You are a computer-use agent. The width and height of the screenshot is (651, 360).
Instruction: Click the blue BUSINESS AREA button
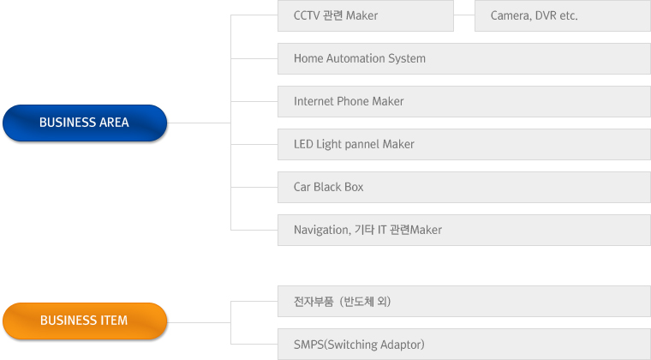[84, 123]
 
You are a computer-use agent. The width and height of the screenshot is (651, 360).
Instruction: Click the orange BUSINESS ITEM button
[84, 321]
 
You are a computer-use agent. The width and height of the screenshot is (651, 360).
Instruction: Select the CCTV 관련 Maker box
[366, 15]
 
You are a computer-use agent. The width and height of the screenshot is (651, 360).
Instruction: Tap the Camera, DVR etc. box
[562, 15]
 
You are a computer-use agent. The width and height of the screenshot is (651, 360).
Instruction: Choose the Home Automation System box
[463, 58]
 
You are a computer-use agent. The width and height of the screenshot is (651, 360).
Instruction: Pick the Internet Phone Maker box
[463, 101]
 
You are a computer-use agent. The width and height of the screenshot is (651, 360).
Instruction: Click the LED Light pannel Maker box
[463, 144]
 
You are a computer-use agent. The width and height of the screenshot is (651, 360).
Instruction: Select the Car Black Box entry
[463, 187]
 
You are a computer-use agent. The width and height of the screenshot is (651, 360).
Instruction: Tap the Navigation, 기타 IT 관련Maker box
[463, 230]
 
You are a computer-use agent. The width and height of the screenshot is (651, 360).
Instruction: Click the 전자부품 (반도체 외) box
[463, 301]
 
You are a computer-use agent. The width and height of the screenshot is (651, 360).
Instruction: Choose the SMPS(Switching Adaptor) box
[463, 344]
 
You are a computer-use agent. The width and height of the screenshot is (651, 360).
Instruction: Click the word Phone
[352, 101]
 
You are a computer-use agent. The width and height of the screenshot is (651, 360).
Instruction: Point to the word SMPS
[309, 344]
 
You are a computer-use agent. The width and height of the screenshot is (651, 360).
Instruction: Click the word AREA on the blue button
[113, 123]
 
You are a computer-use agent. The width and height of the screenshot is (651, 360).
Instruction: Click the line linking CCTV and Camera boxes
[464, 15]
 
